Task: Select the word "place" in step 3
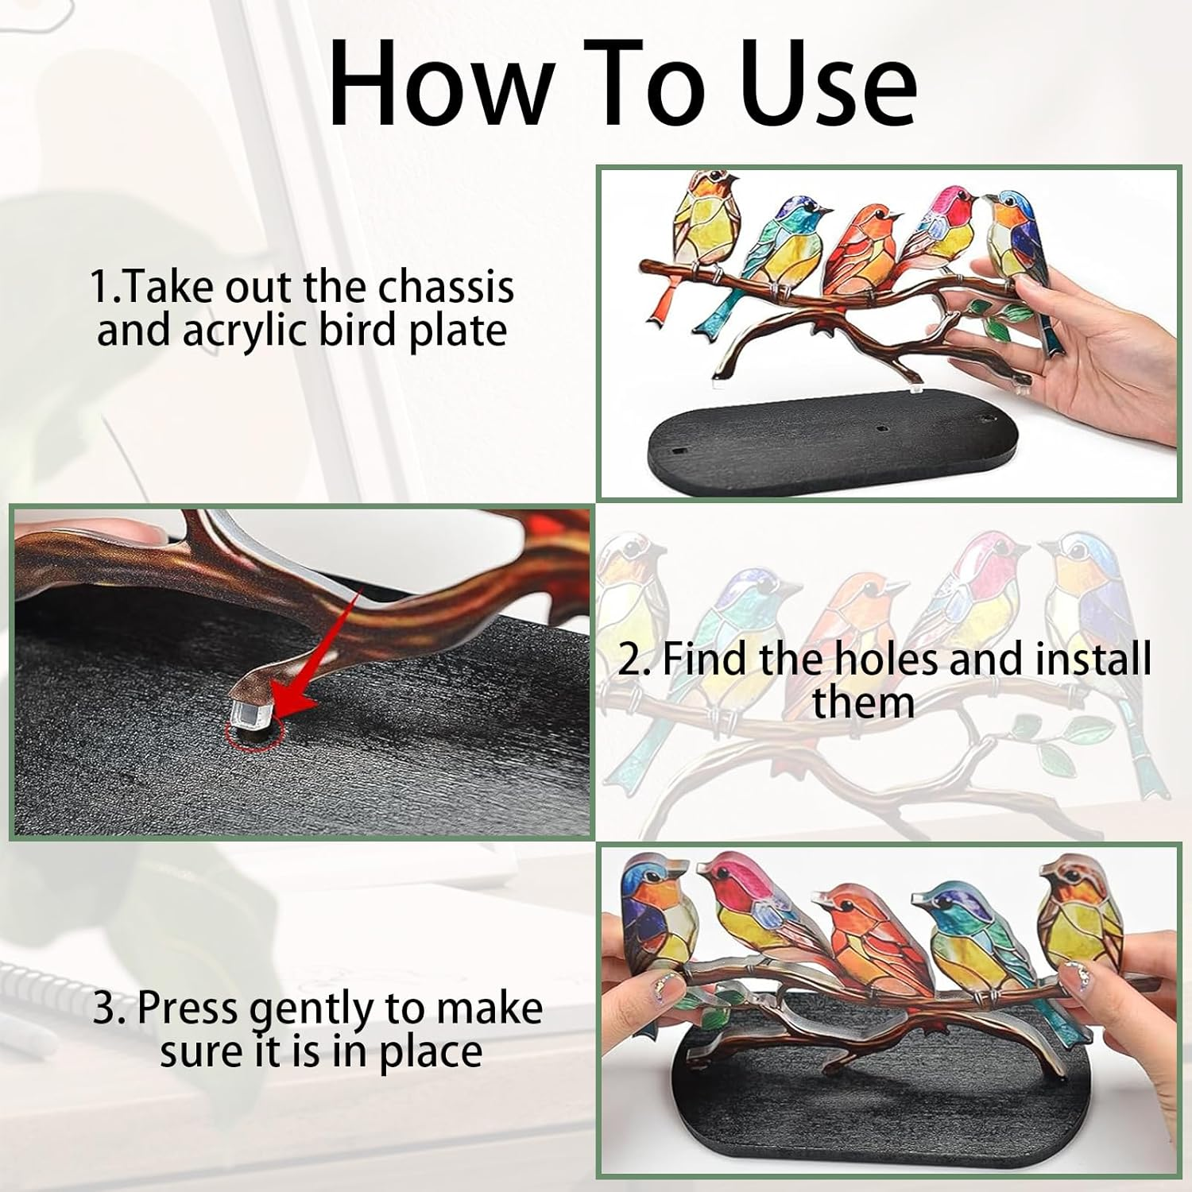point(430,1051)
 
